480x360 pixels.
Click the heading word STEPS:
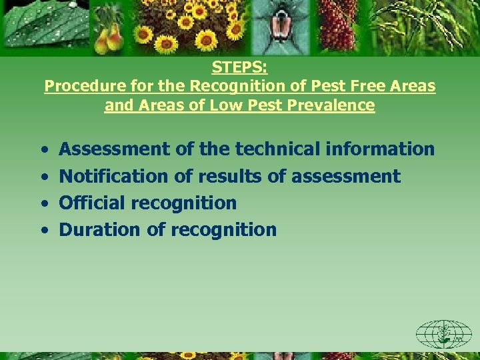(239, 67)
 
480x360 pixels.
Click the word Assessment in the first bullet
(115, 149)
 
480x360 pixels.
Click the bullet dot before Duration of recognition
(43, 231)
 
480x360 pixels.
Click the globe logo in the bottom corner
(443, 333)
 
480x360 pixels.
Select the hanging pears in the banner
(108, 37)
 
